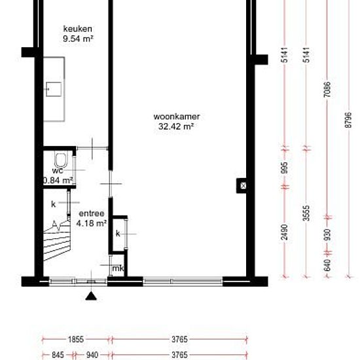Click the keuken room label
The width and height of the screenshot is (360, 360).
pyautogui.click(x=78, y=29)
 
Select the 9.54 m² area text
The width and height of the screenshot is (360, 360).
pyautogui.click(x=78, y=39)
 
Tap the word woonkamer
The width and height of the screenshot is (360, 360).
pyautogui.click(x=177, y=117)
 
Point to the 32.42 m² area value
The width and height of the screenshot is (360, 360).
pyautogui.click(x=176, y=126)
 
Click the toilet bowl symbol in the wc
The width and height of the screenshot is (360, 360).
pyautogui.click(x=61, y=160)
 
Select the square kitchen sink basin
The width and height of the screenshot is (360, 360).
pyautogui.click(x=54, y=89)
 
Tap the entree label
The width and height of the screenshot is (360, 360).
pyautogui.click(x=92, y=213)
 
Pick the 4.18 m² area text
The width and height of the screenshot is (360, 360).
pyautogui.click(x=92, y=223)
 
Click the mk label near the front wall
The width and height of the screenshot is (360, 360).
pyautogui.click(x=118, y=268)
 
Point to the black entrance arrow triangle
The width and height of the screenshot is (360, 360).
pyautogui.click(x=91, y=296)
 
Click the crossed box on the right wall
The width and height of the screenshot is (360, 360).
pyautogui.click(x=243, y=185)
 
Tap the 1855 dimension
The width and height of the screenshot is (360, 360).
pyautogui.click(x=76, y=339)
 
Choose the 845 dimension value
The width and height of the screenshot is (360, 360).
pyautogui.click(x=58, y=355)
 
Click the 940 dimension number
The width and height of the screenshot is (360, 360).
pyautogui.click(x=92, y=355)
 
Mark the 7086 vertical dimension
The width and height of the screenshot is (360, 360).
pyautogui.click(x=328, y=89)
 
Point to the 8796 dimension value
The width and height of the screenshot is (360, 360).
pyautogui.click(x=348, y=120)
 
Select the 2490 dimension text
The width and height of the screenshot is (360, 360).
pyautogui.click(x=284, y=232)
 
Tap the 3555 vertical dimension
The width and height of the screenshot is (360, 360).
pyautogui.click(x=306, y=213)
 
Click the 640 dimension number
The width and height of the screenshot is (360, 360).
pyautogui.click(x=328, y=265)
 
